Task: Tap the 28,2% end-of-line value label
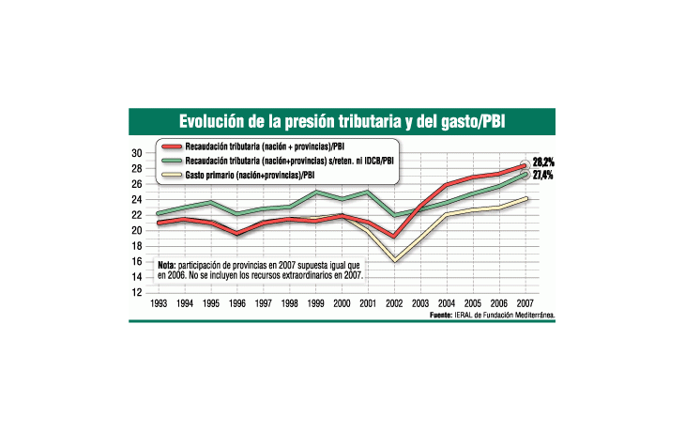tap(542, 162)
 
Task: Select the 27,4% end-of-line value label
tap(542, 176)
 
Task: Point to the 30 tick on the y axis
tap(136, 153)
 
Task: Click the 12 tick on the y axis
tap(136, 292)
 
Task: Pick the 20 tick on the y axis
tap(136, 230)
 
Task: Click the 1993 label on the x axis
tap(160, 304)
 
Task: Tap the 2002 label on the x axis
tap(396, 304)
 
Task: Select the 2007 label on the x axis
tap(526, 304)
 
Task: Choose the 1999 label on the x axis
tap(317, 304)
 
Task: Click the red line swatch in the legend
tap(172, 147)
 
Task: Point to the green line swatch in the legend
tap(172, 161)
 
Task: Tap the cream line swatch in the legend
tap(172, 175)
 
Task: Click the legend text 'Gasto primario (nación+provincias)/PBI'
tap(250, 175)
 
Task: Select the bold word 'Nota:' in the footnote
tap(167, 266)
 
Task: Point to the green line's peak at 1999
tap(317, 192)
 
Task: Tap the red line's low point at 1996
tap(238, 233)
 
